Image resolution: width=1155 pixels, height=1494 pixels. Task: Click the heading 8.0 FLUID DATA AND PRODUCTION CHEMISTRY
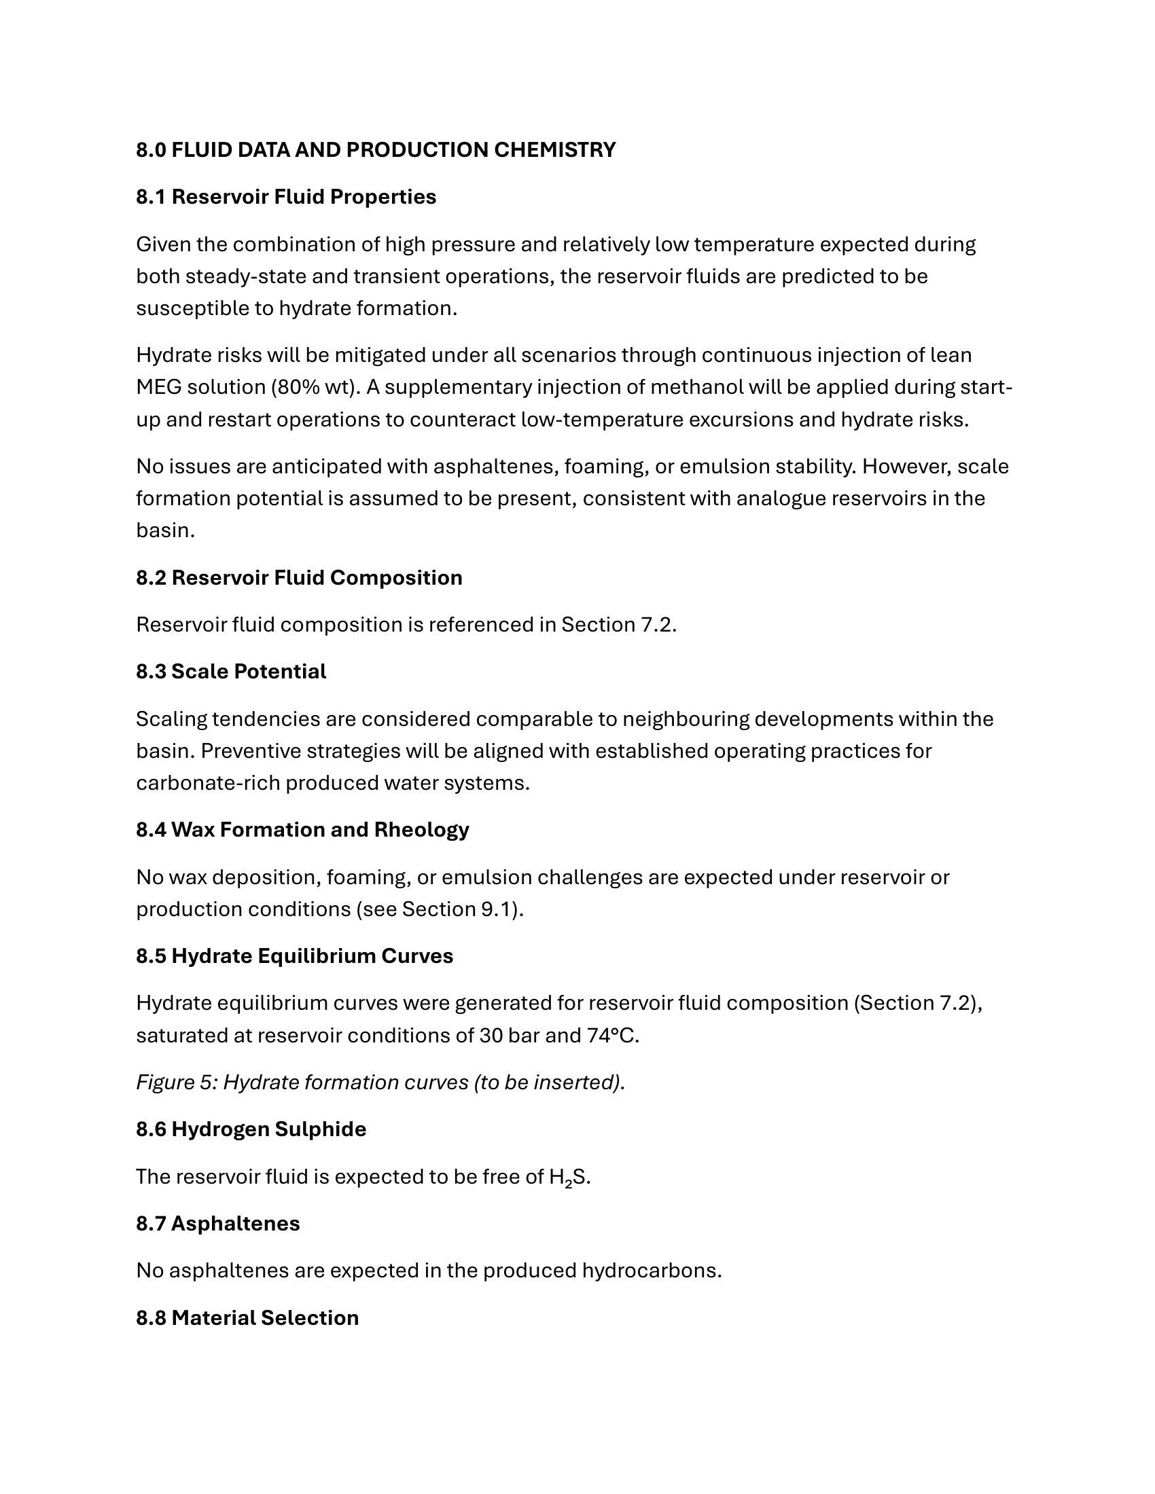(x=376, y=150)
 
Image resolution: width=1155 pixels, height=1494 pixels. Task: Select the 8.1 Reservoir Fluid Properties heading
(x=286, y=197)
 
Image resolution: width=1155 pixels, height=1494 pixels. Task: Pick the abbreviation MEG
(x=159, y=387)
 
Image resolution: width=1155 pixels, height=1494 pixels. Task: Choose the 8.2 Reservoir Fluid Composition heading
(x=299, y=578)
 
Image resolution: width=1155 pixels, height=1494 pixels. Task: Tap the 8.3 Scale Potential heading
(x=230, y=672)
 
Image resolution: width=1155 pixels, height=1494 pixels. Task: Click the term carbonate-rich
(x=208, y=782)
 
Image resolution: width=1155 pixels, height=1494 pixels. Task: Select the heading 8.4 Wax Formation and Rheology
(x=302, y=830)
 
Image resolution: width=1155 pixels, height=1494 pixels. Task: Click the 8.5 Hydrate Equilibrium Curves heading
(x=294, y=956)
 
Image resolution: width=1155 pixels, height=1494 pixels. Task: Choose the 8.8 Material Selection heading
(x=247, y=1318)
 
